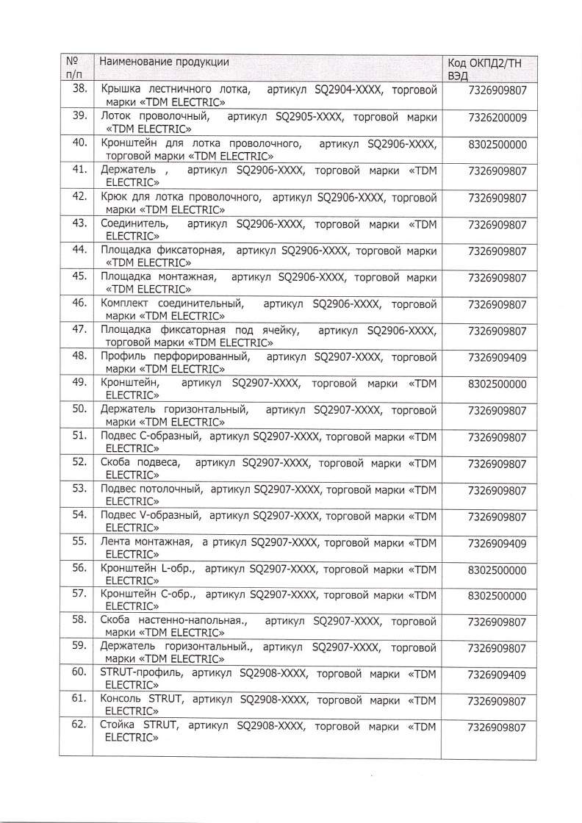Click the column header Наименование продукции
click(164, 62)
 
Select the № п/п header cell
click(74, 68)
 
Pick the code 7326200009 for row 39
click(497, 118)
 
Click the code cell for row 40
click(497, 145)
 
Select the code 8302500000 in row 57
click(497, 596)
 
